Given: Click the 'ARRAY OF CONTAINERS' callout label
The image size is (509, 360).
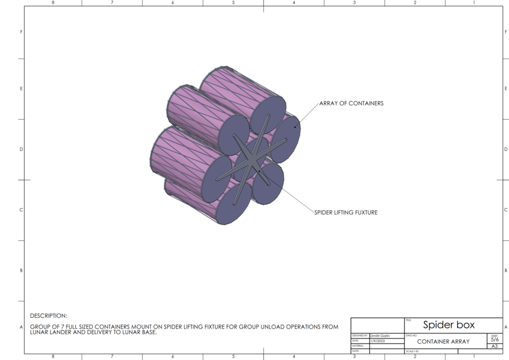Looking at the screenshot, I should point(351,103).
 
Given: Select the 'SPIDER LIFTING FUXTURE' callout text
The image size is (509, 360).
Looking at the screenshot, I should point(345,213).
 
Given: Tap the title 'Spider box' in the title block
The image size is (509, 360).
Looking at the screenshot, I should point(448,325).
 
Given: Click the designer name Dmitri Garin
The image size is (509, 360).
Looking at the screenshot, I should point(381,336).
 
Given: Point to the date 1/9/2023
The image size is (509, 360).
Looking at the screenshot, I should point(377,341).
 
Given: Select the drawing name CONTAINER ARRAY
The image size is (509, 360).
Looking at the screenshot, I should point(443,341).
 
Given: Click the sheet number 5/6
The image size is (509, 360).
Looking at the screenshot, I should point(494,340).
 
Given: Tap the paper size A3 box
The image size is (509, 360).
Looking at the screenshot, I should point(494,346).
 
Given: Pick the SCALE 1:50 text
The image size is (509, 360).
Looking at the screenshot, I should point(413,352).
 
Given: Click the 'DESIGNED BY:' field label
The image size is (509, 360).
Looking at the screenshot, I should point(359,336).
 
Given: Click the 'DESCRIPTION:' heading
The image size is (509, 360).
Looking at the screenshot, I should point(48,316).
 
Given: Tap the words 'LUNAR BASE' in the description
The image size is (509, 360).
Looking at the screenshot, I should point(137,332).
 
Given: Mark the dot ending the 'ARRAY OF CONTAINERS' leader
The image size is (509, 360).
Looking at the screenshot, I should point(294,127).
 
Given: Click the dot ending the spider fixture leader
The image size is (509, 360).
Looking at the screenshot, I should point(259,170).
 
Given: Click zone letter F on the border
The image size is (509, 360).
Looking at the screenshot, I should point(21,32).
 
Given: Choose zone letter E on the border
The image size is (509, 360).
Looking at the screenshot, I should point(21,89).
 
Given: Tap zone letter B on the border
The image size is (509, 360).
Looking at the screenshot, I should point(21,271).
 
